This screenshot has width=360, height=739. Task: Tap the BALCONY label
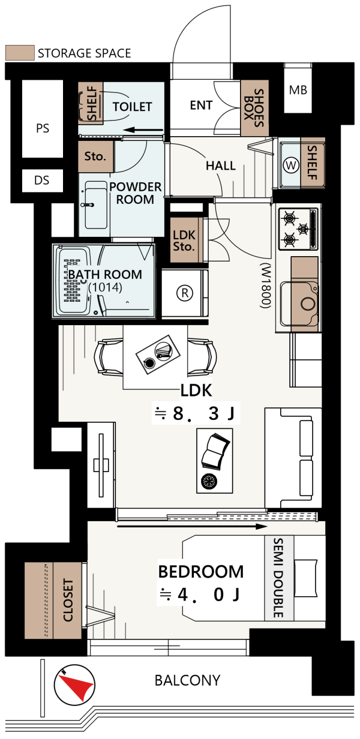pos(187,680)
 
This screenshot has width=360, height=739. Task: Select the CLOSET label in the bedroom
pos(68,600)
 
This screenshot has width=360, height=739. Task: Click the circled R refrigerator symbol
pos(185,293)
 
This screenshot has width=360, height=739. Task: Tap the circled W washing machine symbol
pos(291,164)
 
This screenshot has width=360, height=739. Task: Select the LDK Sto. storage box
pos(184,240)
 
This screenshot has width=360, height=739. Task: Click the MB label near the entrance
pos(298,90)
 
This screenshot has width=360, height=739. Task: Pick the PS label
pos(43,128)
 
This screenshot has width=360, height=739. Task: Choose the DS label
pos(42,180)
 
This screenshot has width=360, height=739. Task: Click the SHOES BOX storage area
pos(254,108)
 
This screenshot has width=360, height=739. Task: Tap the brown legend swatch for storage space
pos(20,53)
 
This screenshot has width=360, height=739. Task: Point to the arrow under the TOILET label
pos(143,130)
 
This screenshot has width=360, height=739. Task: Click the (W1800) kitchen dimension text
pos(266,286)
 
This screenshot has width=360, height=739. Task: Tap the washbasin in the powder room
pos(95,205)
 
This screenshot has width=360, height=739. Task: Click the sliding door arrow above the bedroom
pos(192,527)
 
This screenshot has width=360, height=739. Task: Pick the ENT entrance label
pos(201,105)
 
